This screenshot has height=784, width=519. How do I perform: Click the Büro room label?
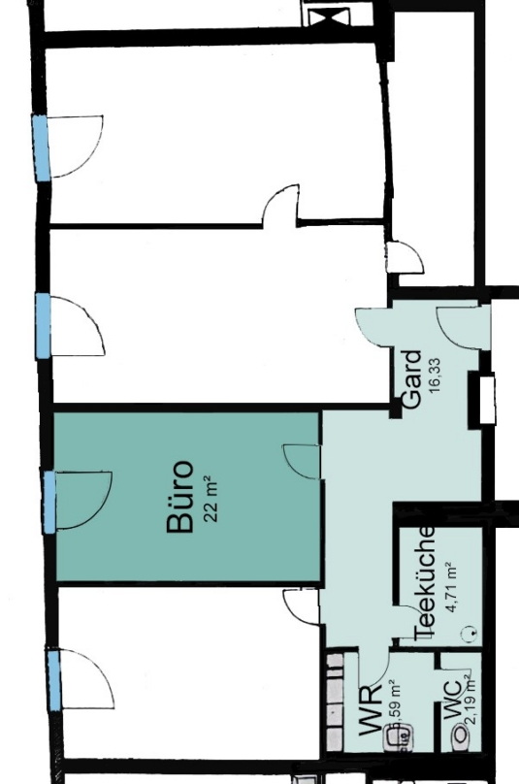(x=181, y=498)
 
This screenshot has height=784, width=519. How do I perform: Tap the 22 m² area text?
(x=213, y=498)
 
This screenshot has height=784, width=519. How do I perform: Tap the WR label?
(x=370, y=720)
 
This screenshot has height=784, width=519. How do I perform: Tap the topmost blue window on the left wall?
(x=41, y=147)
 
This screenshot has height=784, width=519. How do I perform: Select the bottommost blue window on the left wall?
(x=53, y=679)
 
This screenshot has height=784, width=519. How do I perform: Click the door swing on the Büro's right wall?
(x=303, y=461)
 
